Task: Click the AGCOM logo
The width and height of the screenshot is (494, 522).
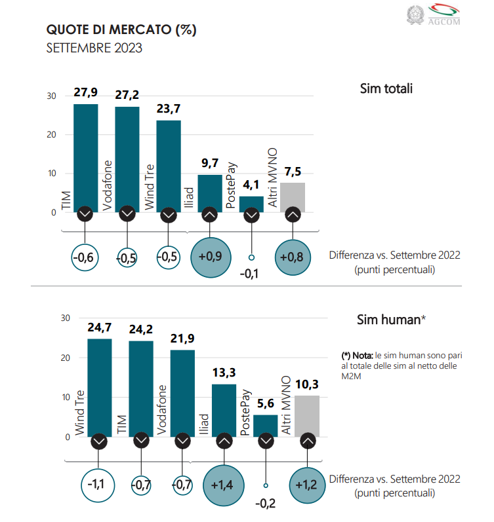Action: [x=443, y=14]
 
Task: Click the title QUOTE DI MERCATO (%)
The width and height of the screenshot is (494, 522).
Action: [x=121, y=30]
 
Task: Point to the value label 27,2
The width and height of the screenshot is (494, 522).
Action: [x=127, y=95]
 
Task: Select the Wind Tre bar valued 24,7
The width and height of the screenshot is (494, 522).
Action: [x=99, y=386]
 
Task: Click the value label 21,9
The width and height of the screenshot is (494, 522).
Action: [x=182, y=339]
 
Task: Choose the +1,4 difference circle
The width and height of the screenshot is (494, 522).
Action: [x=223, y=485]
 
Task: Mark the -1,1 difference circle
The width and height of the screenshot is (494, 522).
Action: [x=99, y=485]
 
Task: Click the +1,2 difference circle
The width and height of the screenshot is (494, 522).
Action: [x=306, y=485]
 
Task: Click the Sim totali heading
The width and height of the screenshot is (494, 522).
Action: [x=386, y=88]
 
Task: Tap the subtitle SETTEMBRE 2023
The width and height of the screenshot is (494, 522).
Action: [x=94, y=48]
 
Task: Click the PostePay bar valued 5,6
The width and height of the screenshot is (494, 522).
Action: [x=265, y=424]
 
